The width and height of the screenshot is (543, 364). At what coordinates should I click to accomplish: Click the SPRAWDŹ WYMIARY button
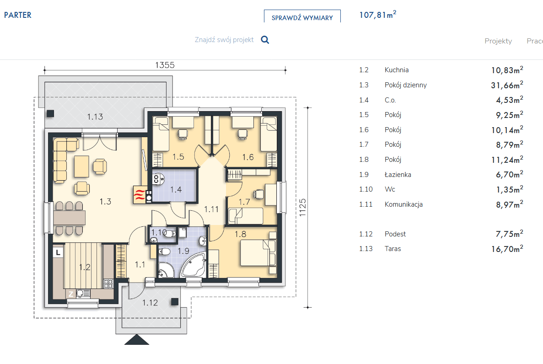pos(302,16)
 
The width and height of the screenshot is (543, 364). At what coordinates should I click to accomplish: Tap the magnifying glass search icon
pos(265,40)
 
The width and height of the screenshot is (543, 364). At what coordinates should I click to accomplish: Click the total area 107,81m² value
pos(378,15)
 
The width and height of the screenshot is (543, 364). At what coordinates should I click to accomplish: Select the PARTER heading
pos(18,15)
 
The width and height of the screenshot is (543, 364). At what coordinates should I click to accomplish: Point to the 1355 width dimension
pos(165,65)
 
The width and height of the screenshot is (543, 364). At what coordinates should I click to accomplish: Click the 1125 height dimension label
pos(303,208)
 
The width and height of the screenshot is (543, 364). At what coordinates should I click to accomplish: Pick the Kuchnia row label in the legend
pos(397,70)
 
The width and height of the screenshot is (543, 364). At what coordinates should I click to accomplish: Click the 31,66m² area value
pos(507,85)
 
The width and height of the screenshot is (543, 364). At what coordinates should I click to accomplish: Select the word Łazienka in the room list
pos(398,175)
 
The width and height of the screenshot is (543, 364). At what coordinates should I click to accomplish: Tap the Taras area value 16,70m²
pos(507,249)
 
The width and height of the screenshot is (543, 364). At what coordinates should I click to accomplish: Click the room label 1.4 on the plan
pos(176,189)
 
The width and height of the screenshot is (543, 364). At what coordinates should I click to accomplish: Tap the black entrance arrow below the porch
pos(137,339)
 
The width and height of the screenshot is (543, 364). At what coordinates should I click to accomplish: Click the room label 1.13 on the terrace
pos(95,117)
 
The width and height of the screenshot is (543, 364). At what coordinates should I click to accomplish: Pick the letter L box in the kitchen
pos(58,252)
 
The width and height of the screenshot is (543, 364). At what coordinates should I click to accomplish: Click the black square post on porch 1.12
pos(175,302)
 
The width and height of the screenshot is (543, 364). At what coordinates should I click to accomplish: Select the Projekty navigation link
pos(498,41)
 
